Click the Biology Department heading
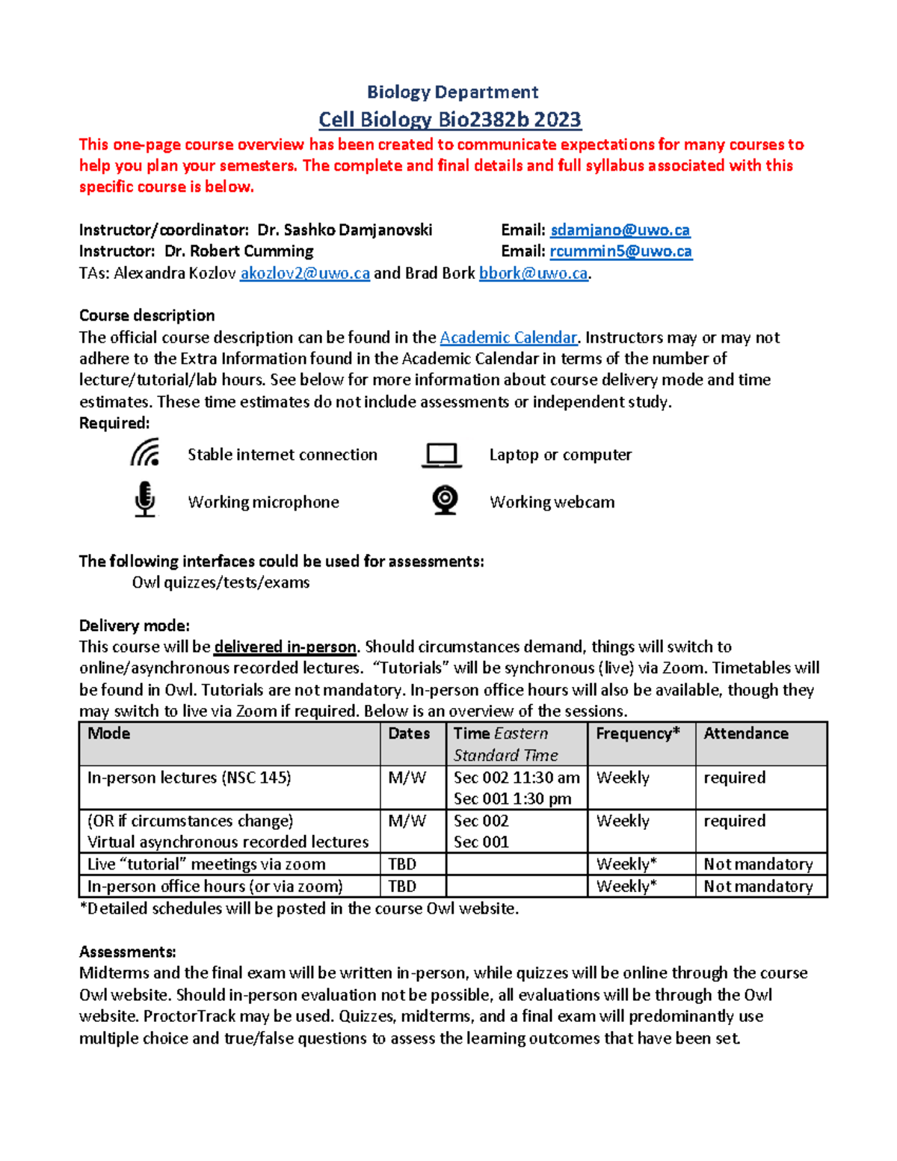click(452, 92)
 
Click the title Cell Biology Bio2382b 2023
click(449, 120)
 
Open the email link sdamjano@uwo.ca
click(620, 230)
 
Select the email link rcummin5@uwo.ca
click(620, 251)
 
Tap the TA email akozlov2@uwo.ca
click(305, 274)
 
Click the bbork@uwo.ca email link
click(533, 274)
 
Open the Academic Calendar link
click(508, 337)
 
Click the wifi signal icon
click(145, 453)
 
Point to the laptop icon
click(441, 455)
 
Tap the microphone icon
click(145, 499)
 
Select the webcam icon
click(446, 500)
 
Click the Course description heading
click(147, 315)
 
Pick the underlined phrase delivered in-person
click(285, 647)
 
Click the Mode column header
click(109, 733)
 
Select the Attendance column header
click(745, 733)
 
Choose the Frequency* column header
click(638, 733)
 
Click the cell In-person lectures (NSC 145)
click(189, 777)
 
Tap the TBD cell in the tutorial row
click(402, 864)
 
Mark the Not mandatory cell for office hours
click(758, 887)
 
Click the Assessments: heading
click(128, 952)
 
